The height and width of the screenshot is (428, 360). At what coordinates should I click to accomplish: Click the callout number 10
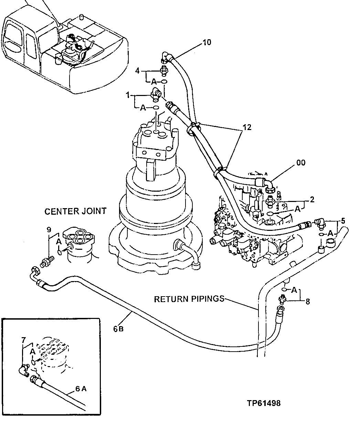207,42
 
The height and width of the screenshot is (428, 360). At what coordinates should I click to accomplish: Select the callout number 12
247,127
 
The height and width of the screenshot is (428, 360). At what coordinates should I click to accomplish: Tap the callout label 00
300,162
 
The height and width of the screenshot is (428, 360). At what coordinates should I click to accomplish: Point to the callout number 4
137,71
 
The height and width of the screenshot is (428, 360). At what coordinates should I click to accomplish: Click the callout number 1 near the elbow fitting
128,94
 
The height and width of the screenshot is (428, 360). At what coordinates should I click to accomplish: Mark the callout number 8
308,301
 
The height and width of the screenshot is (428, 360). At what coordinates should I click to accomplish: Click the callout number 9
49,229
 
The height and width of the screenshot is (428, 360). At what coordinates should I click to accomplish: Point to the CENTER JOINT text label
75,211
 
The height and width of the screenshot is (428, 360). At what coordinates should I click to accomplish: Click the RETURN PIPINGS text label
189,299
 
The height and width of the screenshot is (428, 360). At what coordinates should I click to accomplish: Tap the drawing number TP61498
263,403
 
